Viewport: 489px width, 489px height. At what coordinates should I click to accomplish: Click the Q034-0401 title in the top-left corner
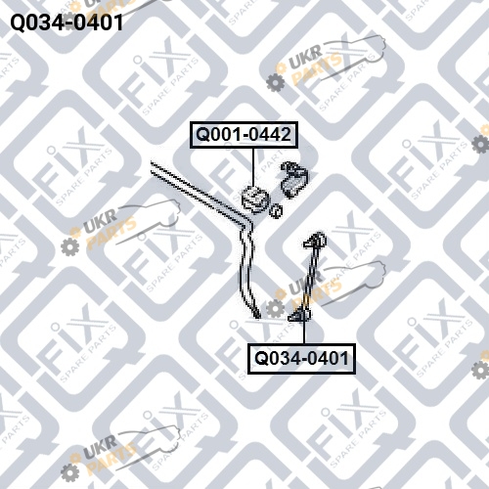point(67,22)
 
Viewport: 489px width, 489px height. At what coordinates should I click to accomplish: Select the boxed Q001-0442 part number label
point(244,135)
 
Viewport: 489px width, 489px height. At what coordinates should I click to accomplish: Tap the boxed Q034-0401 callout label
point(301,358)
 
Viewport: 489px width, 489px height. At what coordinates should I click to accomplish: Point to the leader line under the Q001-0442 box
point(253,168)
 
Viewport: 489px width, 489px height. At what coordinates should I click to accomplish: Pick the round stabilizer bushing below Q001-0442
point(255,199)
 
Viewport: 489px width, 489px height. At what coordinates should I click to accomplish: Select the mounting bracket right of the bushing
point(293,179)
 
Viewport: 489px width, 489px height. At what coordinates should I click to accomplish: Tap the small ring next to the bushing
point(276,211)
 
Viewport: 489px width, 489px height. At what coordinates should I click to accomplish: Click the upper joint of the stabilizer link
point(315,241)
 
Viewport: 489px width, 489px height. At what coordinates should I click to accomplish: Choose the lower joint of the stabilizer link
point(299,315)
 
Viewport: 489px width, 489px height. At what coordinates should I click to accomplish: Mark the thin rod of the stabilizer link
point(307,278)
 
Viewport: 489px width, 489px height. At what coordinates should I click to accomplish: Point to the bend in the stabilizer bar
point(246,223)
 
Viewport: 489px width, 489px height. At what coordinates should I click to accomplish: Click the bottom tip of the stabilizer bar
point(257,316)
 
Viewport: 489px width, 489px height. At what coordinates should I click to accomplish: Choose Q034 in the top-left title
point(36,22)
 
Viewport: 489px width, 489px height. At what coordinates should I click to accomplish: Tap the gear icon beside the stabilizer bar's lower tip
point(275,308)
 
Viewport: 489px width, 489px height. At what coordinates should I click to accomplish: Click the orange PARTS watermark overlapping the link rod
point(317,292)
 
